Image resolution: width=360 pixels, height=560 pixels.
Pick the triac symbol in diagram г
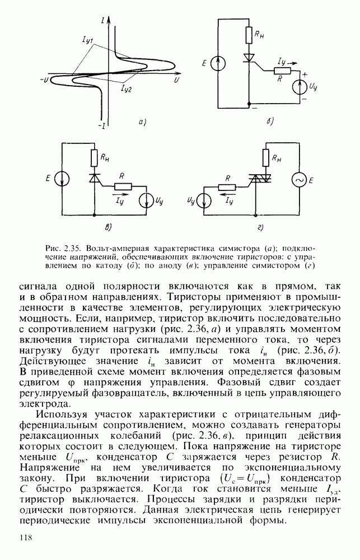[259, 178]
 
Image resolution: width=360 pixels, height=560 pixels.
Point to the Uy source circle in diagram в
[146, 199]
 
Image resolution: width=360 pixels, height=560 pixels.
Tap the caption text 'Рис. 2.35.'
[60, 248]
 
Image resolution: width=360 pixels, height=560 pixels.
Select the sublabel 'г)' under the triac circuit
[260, 228]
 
